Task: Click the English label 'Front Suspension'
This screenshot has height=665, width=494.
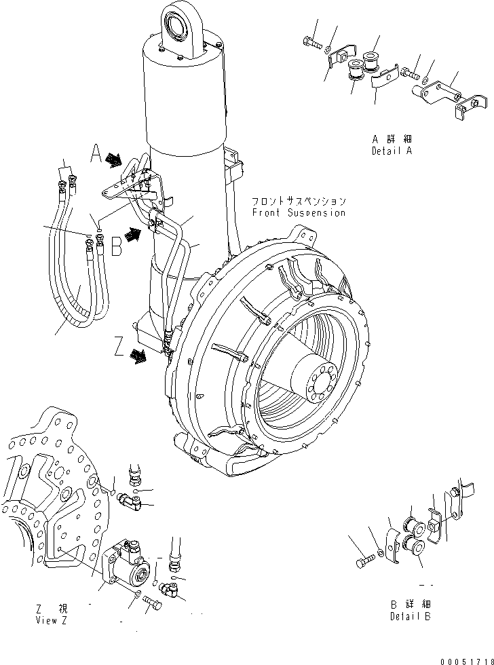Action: coord(299,212)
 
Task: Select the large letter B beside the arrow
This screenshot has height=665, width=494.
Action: coord(116,246)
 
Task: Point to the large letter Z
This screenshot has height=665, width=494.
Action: coord(119,349)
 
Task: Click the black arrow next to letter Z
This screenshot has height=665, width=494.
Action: coord(138,355)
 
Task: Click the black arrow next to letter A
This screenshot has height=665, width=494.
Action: coord(115,160)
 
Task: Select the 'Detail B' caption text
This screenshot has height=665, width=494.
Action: coord(411,616)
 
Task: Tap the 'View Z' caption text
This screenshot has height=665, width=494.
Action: coord(53,620)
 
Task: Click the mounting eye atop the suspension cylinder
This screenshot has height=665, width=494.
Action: coord(178,26)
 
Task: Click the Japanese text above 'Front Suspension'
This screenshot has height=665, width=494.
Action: coord(299,202)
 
